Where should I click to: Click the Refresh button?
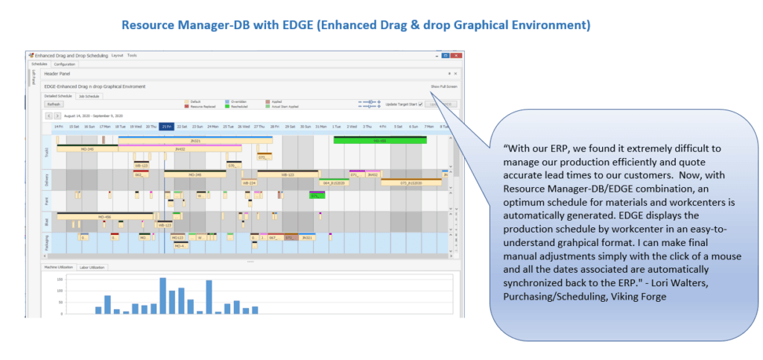(54, 104)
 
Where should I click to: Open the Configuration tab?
(64, 64)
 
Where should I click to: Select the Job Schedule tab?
(88, 96)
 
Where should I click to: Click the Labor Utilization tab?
(92, 267)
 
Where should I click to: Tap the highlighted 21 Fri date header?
(166, 127)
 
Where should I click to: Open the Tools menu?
(132, 55)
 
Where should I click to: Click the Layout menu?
(117, 55)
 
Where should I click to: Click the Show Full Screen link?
(444, 86)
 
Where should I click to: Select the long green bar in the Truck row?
(379, 140)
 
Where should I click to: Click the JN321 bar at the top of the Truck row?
(195, 140)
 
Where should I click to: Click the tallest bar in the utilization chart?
(162, 296)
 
